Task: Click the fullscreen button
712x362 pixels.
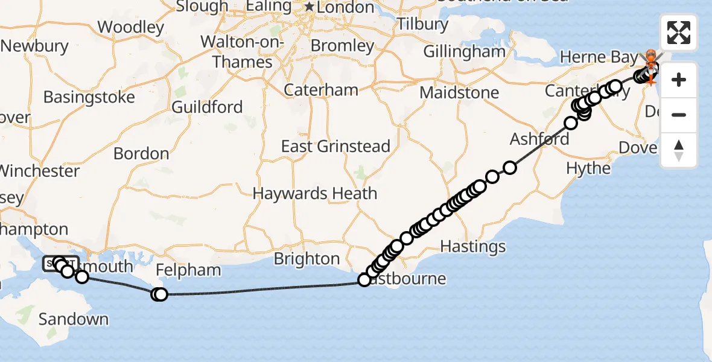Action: (679, 33)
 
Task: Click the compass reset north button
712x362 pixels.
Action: (679, 150)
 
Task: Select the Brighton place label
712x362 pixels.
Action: (307, 259)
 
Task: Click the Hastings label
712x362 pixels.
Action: (473, 246)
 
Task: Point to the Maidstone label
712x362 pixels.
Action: (459, 93)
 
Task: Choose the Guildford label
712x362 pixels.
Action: (207, 107)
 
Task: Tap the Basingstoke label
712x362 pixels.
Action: (89, 97)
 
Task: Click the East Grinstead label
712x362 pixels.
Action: (335, 147)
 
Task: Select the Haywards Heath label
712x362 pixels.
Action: (315, 194)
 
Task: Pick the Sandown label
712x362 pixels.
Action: (74, 319)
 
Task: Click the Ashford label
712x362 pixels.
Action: (539, 139)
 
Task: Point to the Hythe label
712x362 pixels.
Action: (589, 168)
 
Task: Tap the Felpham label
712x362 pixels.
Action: (188, 270)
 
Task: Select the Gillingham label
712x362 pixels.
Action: (464, 52)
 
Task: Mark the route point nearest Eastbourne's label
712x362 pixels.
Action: (364, 280)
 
